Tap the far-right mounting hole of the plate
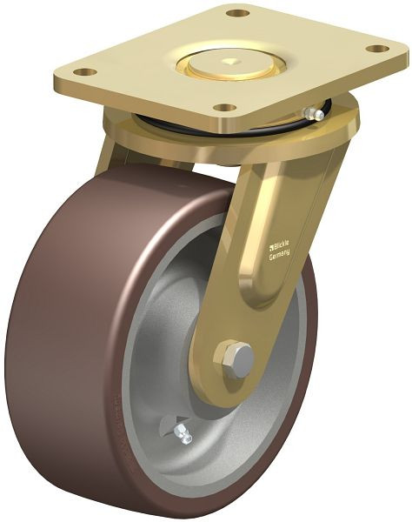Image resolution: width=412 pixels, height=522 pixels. pyautogui.click(x=378, y=48)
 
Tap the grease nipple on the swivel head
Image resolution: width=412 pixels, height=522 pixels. pyautogui.click(x=316, y=112)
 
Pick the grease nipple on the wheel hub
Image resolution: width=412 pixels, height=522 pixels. pyautogui.click(x=182, y=433)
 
